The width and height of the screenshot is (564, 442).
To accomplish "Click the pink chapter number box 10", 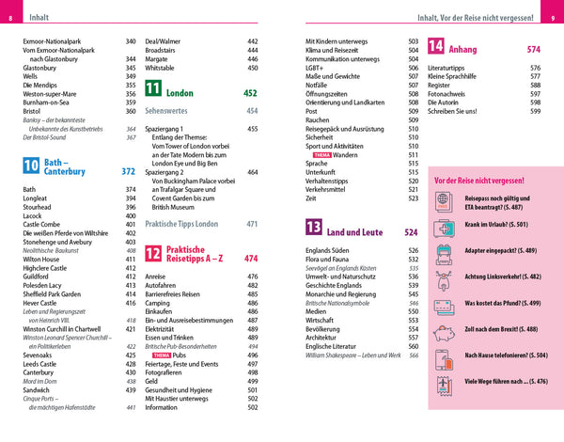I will point(31,166).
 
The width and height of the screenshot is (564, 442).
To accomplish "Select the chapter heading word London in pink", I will point(180,93).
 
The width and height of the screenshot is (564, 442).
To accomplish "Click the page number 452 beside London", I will point(250,93).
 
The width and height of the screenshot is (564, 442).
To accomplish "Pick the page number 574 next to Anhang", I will point(533,49).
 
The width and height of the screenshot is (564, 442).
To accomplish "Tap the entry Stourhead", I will point(39,209).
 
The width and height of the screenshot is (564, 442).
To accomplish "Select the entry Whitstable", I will point(165,68).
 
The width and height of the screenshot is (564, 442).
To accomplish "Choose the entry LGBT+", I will point(319,68).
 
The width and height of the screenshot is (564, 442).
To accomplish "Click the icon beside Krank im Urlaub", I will point(443,226).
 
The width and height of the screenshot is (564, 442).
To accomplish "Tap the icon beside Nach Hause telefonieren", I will point(443,356).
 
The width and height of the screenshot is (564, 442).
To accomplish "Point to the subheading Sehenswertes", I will point(171,110).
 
